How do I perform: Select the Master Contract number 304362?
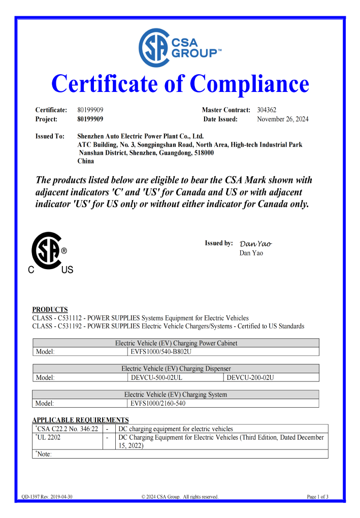coord(267,110)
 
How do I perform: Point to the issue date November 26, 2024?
coord(282,119)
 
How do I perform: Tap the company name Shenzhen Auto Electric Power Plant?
coord(140,136)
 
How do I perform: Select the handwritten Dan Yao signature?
coord(255,244)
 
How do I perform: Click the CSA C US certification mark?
coord(49,253)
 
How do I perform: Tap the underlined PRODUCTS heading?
coord(50,309)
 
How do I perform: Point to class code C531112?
coord(69,318)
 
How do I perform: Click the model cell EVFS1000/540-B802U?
coord(160,351)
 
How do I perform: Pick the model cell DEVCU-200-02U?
coord(250,377)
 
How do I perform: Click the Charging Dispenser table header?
coord(176,369)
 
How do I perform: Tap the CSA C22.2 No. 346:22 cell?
coord(68,429)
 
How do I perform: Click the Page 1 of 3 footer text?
coord(317,497)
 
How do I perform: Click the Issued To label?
coord(50,136)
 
